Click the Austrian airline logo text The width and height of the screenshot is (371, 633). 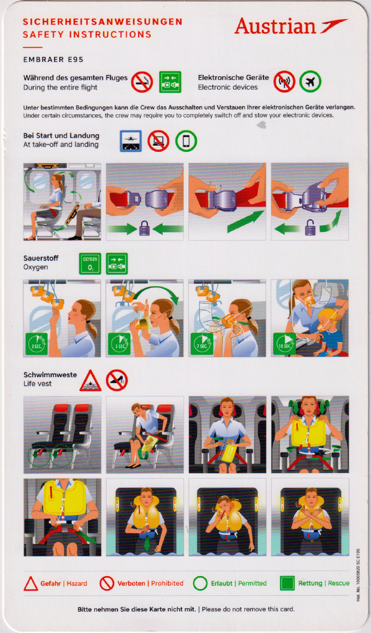coord(275,26)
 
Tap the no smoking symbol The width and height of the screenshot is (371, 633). coord(142,82)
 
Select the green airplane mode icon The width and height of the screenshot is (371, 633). coord(310,82)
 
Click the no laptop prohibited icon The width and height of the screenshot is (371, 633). coord(158,142)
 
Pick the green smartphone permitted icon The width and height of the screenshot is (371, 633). coord(186,142)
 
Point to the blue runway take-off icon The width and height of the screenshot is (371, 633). coord(131,142)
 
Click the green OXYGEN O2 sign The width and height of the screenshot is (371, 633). coord(90,263)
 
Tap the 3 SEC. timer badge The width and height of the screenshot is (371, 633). coord(37,344)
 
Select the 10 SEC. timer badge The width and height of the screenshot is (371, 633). coord(284,344)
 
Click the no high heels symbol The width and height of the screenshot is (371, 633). coord(117,380)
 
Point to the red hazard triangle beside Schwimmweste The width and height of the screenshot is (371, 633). coord(90,381)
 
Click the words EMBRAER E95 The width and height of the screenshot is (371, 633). coord(53,60)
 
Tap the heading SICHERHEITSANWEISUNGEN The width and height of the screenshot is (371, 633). coord(103,22)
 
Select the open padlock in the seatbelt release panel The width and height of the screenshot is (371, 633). coord(310,228)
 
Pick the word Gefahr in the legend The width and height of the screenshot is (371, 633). coord(51,584)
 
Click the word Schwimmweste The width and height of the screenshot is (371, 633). coord(50,375)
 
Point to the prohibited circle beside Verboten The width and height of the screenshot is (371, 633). coord(107,584)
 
